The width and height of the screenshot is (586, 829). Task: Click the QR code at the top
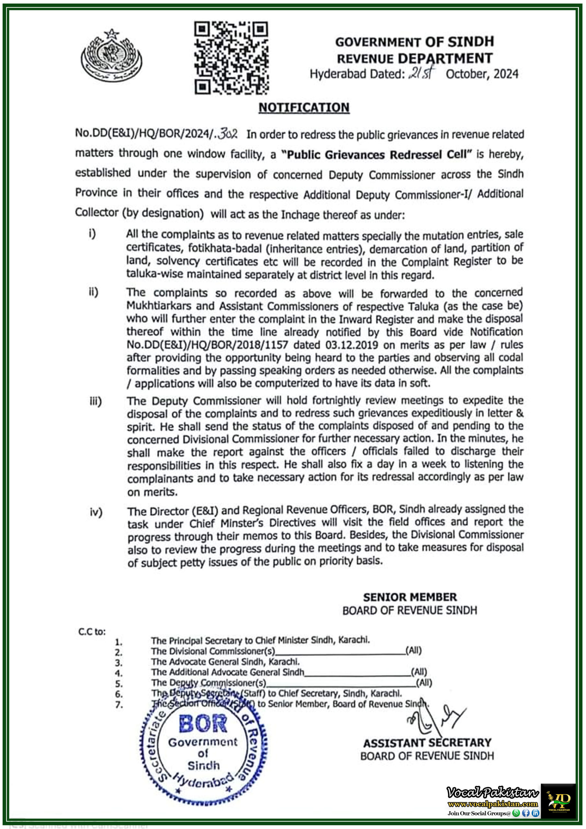click(x=231, y=58)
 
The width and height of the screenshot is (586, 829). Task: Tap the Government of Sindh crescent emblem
click(x=111, y=56)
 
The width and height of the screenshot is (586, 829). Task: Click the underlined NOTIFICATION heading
click(x=304, y=108)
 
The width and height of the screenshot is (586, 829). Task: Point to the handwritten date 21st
click(x=422, y=73)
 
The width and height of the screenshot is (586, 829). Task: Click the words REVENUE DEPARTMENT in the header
click(x=414, y=58)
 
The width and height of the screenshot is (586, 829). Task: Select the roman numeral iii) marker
click(x=96, y=401)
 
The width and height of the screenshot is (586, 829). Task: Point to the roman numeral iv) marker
click(x=96, y=512)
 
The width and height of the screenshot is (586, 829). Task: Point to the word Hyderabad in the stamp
click(x=203, y=781)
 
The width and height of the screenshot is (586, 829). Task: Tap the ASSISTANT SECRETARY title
click(x=427, y=743)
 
